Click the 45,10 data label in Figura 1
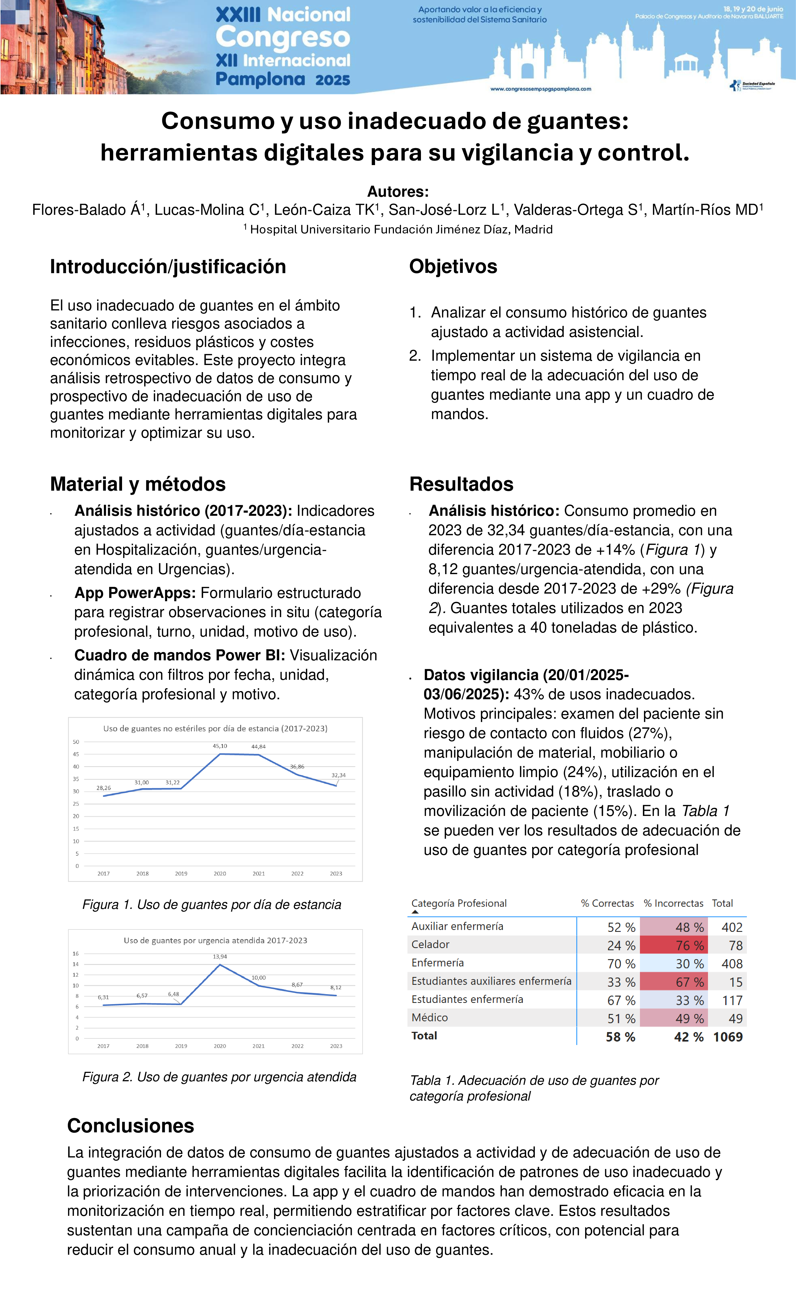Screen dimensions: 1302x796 [220, 746]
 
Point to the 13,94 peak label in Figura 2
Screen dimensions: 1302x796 [220, 956]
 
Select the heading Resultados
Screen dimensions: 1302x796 [461, 484]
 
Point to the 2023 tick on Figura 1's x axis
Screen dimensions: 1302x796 [336, 873]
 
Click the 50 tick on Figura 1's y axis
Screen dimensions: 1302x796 [76, 742]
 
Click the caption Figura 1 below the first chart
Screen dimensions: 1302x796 [211, 905]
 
